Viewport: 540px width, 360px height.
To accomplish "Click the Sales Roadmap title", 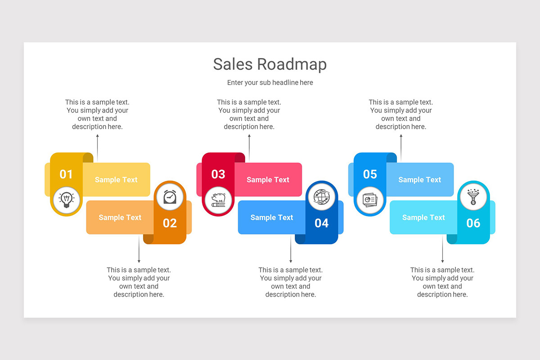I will pyautogui.click(x=270, y=64).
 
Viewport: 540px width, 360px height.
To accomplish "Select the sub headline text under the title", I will pyautogui.click(x=270, y=83).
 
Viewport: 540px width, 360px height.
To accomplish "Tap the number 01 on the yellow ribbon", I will pyautogui.click(x=66, y=174).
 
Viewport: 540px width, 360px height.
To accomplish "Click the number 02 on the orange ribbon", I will pyautogui.click(x=170, y=223).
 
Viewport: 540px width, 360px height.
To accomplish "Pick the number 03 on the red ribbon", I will pyautogui.click(x=218, y=174).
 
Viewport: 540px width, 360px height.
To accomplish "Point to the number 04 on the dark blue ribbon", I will pyautogui.click(x=321, y=223).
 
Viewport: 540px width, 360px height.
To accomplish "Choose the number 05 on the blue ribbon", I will pyautogui.click(x=370, y=174).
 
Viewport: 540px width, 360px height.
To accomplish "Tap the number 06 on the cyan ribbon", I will pyautogui.click(x=473, y=223).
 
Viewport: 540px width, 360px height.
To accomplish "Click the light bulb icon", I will pyautogui.click(x=67, y=199).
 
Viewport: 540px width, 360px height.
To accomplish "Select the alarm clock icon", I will pyautogui.click(x=170, y=197).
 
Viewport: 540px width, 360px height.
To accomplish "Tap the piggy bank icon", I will pyautogui.click(x=219, y=199).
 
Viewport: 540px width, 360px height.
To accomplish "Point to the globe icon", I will pyautogui.click(x=321, y=197).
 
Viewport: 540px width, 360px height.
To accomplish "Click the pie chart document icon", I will pyautogui.click(x=370, y=199).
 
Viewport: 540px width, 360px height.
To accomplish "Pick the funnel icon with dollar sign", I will pyautogui.click(x=473, y=197).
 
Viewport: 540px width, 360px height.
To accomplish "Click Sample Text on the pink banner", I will pyautogui.click(x=268, y=180).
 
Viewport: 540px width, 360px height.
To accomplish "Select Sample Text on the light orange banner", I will pyautogui.click(x=120, y=217).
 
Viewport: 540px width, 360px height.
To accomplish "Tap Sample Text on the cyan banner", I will pyautogui.click(x=423, y=217).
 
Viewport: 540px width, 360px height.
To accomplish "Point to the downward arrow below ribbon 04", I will pyautogui.click(x=291, y=250).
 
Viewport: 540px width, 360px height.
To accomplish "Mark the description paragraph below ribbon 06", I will pyautogui.click(x=442, y=282).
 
